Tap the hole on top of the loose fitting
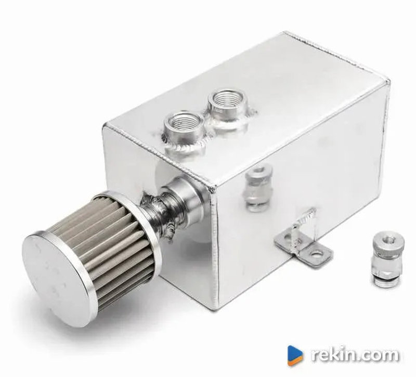(x=388, y=240)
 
